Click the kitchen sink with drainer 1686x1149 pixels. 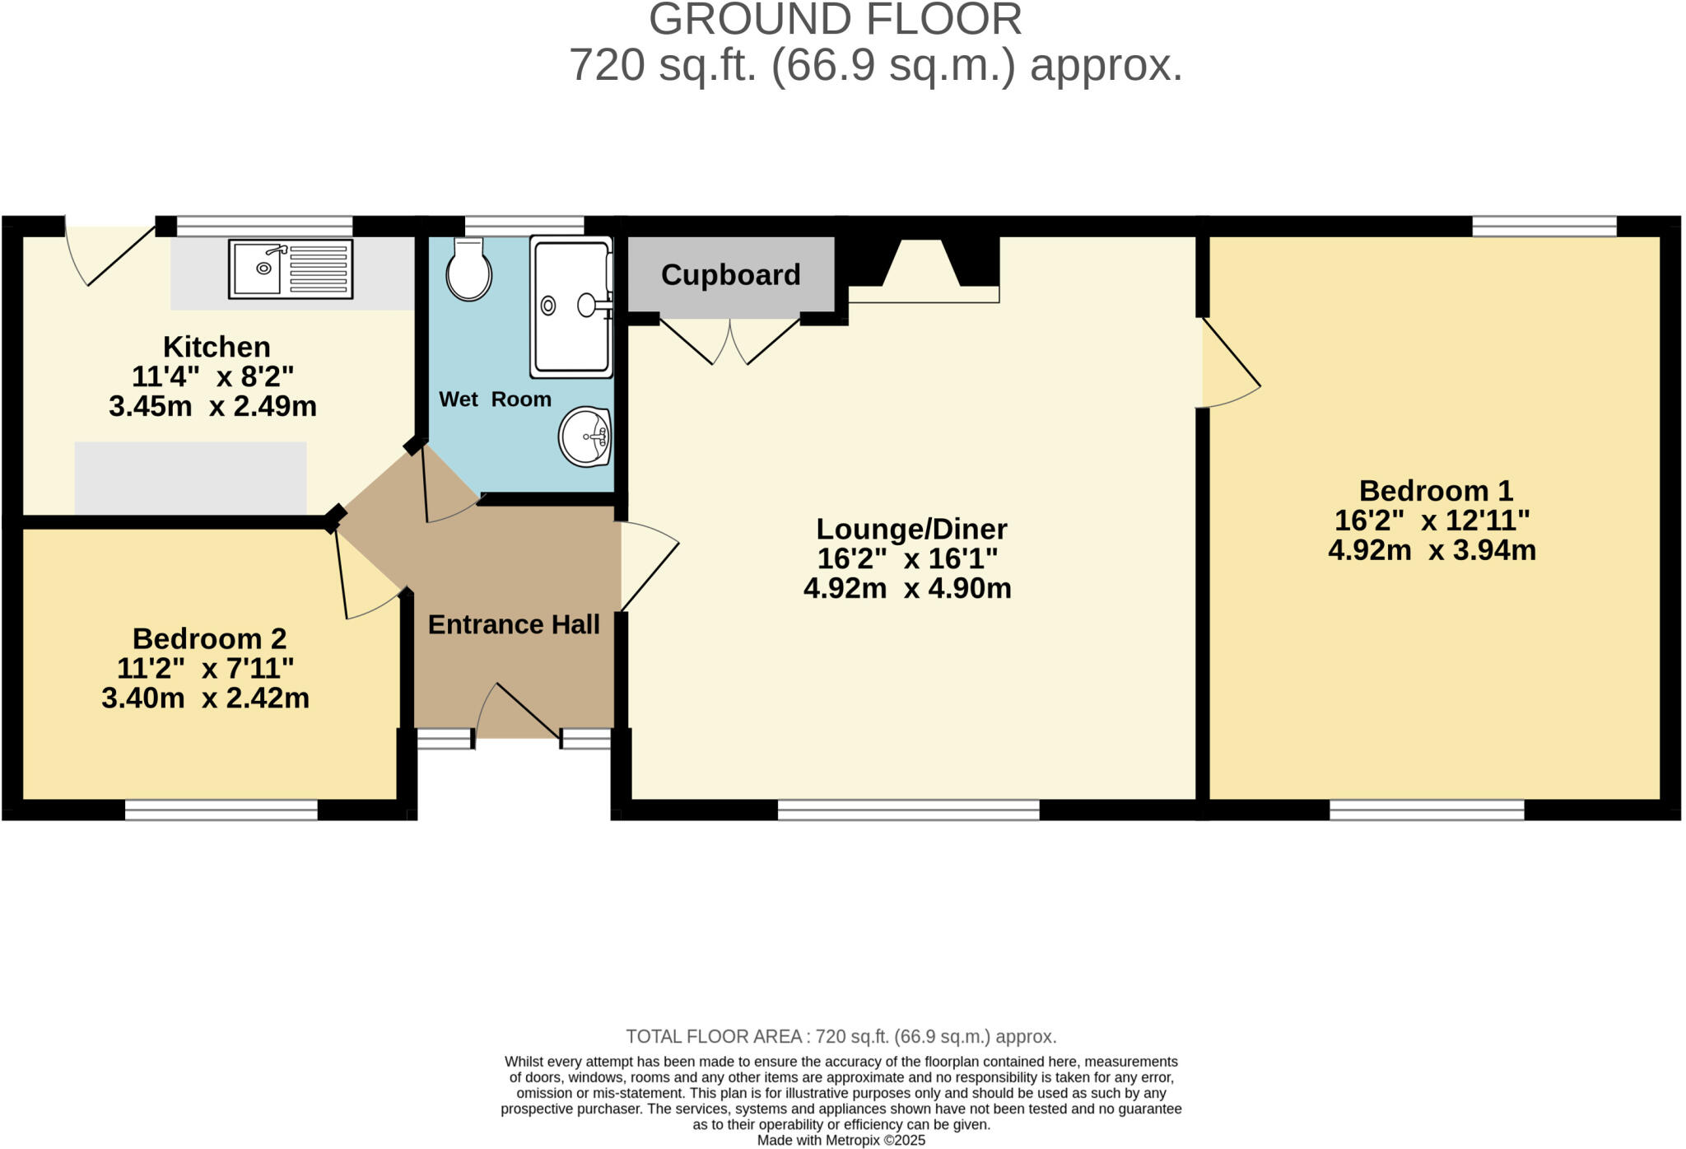[x=291, y=269]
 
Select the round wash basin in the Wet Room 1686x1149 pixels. [x=585, y=436]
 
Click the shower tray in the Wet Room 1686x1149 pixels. [x=571, y=306]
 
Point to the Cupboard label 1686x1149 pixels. [x=730, y=275]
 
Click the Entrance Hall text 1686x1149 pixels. [x=514, y=624]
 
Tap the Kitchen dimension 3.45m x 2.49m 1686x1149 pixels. [x=212, y=406]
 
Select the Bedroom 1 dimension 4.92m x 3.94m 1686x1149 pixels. [x=1432, y=549]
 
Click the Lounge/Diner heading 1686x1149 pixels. [x=911, y=529]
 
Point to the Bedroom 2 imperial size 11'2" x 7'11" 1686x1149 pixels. [x=206, y=668]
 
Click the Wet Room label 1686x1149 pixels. [x=495, y=399]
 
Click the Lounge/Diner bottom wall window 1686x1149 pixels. [x=908, y=811]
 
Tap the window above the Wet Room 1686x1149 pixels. [x=524, y=225]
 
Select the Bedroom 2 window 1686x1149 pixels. [x=221, y=810]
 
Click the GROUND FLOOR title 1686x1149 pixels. [x=835, y=20]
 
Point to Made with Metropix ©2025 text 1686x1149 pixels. [x=841, y=1141]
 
